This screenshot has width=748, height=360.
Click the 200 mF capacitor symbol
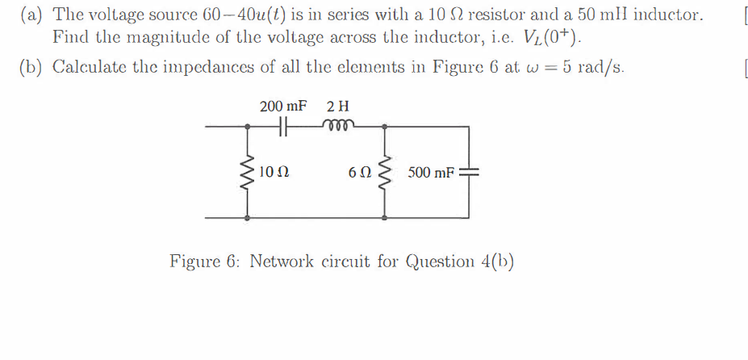coord(282,127)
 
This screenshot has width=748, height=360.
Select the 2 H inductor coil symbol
coord(334,126)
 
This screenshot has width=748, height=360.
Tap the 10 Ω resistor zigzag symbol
coord(247,172)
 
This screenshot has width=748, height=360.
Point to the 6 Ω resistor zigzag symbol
coord(383,172)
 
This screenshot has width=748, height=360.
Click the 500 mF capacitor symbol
coord(468,172)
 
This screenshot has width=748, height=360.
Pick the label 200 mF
coord(283,107)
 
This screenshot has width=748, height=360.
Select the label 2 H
coord(338,107)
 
